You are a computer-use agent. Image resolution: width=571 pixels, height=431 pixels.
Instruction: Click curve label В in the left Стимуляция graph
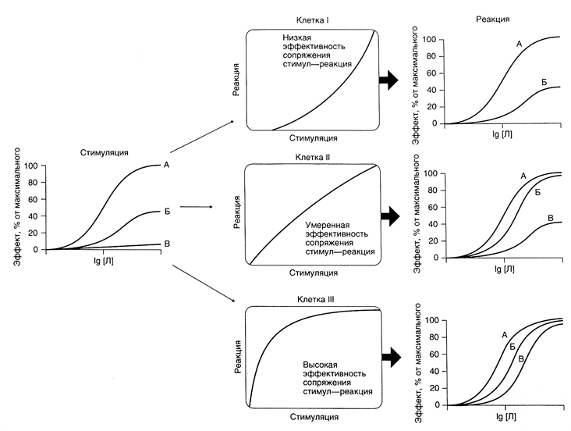[x=166, y=244]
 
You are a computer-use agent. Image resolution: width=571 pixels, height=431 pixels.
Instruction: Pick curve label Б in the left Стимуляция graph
[x=166, y=211]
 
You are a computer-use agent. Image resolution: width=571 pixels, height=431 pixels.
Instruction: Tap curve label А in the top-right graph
[x=519, y=44]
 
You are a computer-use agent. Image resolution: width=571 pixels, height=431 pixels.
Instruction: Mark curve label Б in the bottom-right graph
[x=512, y=346]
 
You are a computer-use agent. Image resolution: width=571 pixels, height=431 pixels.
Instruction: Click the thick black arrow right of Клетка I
[x=388, y=78]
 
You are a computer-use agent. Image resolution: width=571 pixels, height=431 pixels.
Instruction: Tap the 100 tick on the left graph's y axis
[x=30, y=166]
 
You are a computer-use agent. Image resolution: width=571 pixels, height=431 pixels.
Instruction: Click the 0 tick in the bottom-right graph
[x=437, y=405]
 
